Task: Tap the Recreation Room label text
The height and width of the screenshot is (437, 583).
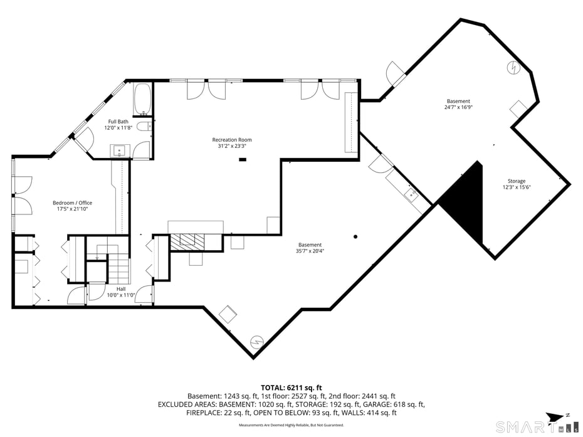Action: tap(231, 139)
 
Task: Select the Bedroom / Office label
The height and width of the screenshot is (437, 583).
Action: tap(72, 203)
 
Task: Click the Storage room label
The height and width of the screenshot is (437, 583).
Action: tap(516, 181)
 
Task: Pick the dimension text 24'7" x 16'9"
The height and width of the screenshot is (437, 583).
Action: tap(458, 107)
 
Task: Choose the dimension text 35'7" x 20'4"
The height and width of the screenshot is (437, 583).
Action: tap(310, 251)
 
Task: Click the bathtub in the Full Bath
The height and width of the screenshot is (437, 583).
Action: tap(142, 98)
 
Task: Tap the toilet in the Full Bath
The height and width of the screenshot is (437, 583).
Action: tap(144, 127)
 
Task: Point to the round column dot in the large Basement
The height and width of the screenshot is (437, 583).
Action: tap(355, 236)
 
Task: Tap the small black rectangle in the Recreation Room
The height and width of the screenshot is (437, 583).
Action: tap(242, 159)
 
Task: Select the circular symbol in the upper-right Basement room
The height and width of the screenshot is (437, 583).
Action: tap(513, 66)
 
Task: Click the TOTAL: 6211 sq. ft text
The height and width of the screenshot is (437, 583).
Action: tap(291, 387)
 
